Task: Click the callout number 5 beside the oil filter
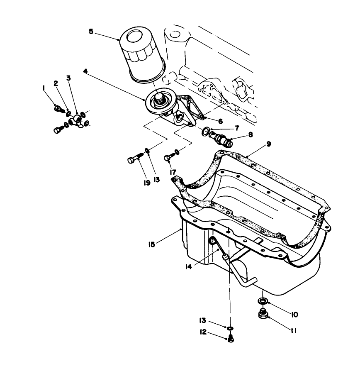[x=91, y=31]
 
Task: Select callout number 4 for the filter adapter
[x=85, y=71]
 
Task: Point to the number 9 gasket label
[x=269, y=144]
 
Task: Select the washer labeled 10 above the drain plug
[x=262, y=300]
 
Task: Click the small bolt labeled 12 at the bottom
[x=231, y=339]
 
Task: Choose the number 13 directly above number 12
[x=202, y=320]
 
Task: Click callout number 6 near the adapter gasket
[x=220, y=121]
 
